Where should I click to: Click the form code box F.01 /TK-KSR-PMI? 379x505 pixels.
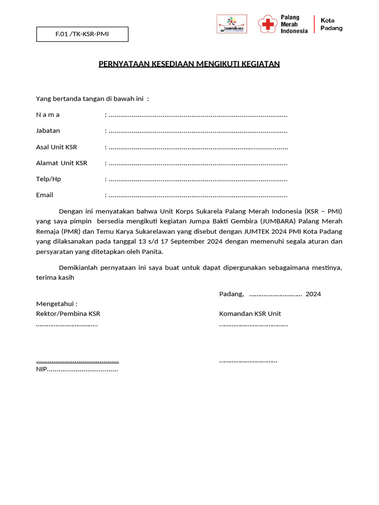[82, 34]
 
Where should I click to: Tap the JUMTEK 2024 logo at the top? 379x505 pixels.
[232, 24]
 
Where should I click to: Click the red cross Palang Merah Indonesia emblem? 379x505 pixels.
[267, 24]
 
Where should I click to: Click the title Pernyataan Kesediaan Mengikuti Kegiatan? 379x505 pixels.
[189, 64]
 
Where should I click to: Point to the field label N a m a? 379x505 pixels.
[48, 115]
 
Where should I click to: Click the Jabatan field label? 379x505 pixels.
[48, 131]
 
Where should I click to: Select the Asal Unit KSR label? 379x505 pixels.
[56, 147]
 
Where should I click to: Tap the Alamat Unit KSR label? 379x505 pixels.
[62, 163]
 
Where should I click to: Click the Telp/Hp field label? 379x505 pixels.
[48, 179]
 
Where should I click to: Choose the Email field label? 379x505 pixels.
[44, 195]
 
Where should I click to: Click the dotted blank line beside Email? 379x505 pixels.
[198, 195]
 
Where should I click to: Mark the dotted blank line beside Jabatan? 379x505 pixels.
[198, 131]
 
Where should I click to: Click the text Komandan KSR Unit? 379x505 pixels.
[250, 314]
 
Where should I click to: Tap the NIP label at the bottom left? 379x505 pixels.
[41, 369]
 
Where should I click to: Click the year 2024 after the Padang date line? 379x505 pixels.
[313, 294]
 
